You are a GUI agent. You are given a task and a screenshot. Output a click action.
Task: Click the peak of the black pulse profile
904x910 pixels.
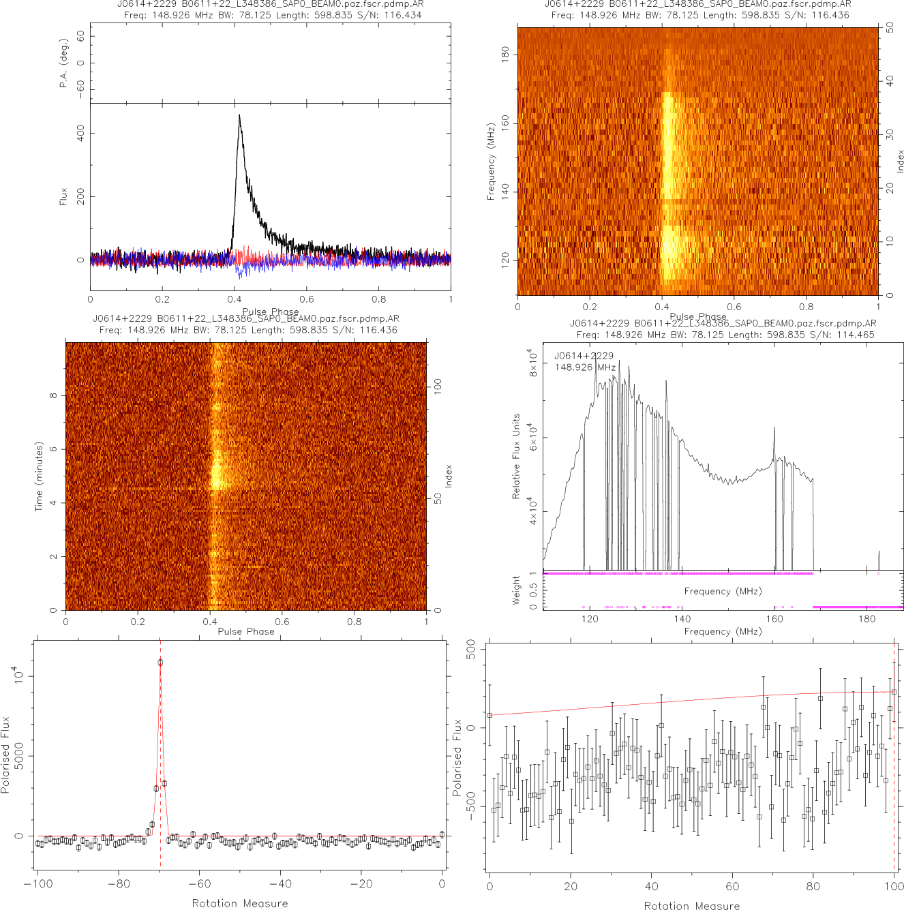click(239, 116)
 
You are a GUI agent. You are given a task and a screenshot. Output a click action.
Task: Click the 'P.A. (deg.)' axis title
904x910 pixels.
click(64, 63)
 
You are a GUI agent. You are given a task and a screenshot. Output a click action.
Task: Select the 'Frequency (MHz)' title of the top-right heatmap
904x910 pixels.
click(491, 162)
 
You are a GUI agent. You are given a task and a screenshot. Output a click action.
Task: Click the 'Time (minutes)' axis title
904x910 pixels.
click(39, 476)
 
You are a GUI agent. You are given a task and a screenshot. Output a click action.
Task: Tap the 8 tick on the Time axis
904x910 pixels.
click(53, 395)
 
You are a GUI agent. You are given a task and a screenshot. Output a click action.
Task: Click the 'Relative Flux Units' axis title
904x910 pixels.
click(516, 456)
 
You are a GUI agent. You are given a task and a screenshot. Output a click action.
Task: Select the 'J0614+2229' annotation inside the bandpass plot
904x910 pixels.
click(584, 356)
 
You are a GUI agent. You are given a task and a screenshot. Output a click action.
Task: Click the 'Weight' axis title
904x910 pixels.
click(516, 590)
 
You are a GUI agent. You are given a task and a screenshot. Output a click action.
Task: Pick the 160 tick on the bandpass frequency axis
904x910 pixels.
click(774, 619)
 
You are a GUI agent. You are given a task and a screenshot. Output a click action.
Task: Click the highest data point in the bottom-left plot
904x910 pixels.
click(160, 662)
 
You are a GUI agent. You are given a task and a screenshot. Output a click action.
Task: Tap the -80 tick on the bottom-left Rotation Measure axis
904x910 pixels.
click(119, 884)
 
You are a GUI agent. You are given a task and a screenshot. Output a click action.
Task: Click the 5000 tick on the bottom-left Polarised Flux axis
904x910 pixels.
click(19, 755)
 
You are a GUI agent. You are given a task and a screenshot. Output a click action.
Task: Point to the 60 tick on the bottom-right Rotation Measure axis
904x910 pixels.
click(732, 887)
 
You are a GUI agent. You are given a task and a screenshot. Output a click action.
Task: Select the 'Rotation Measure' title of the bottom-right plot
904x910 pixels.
click(692, 905)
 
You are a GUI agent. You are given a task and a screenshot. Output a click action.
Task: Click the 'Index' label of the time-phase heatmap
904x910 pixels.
click(449, 476)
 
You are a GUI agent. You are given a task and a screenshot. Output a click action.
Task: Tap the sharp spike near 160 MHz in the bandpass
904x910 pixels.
click(774, 428)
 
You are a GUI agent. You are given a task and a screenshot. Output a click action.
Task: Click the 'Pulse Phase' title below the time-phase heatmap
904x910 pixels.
click(246, 631)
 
